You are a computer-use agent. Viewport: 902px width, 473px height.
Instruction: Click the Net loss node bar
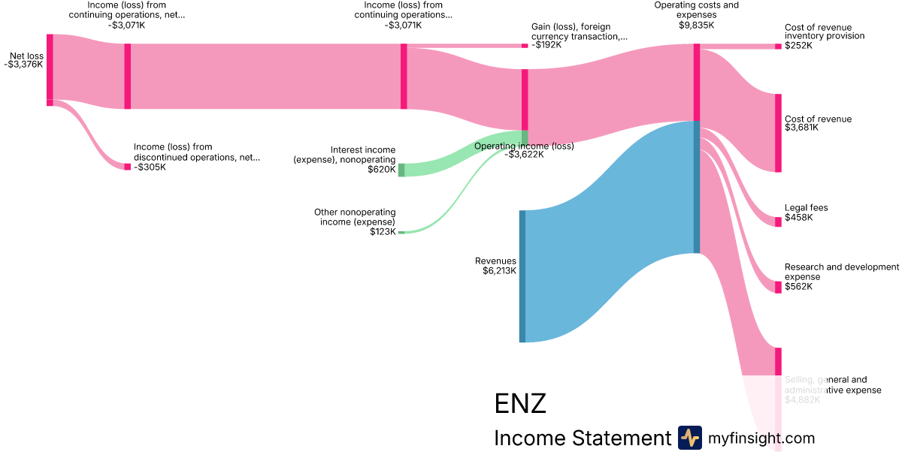point(50,68)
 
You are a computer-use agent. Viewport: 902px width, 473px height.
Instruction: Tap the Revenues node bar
point(522,276)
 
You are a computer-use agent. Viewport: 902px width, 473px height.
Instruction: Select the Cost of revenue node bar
point(778,133)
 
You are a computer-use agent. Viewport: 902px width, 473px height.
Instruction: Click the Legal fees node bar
point(778,221)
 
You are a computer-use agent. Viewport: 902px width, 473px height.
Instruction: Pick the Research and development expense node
point(778,288)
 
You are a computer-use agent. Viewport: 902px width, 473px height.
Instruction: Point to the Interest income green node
point(401,170)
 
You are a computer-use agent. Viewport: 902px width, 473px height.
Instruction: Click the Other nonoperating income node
point(401,233)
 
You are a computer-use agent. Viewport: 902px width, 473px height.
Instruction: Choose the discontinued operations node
point(127,167)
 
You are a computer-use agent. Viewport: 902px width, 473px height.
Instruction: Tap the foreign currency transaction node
point(525,46)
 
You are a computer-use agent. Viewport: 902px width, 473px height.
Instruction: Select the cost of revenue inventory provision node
point(778,47)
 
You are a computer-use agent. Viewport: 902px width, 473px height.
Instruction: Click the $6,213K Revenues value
point(499,271)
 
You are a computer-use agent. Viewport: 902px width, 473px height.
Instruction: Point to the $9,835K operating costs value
point(696,25)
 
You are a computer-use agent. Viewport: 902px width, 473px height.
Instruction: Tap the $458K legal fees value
point(798,218)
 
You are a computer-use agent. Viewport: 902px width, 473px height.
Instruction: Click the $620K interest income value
point(381,170)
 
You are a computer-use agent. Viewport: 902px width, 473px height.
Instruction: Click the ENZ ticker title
point(520,404)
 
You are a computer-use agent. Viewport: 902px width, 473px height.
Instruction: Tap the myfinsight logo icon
point(689,438)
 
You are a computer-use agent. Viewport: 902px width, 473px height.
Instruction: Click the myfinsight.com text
point(761,438)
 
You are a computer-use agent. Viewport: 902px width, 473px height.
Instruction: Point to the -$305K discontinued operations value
point(150,167)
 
